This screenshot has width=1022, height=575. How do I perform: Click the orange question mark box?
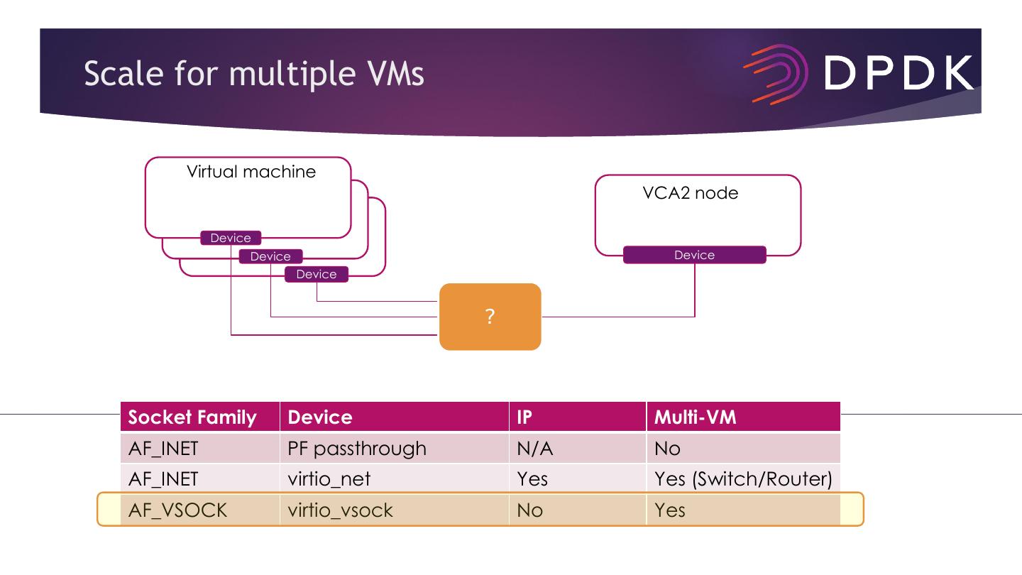tap(490, 317)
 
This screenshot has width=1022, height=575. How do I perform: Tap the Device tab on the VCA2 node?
tap(694, 255)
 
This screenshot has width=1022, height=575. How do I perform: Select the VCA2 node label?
tap(690, 193)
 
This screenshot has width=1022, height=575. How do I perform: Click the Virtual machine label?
tap(251, 172)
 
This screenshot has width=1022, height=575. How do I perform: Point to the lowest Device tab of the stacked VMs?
tap(317, 274)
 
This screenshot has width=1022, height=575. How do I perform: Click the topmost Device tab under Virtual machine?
tap(231, 238)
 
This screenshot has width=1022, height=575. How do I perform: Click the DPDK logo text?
tap(899, 72)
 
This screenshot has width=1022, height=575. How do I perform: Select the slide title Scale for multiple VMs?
tap(253, 73)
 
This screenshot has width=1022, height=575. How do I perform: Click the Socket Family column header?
tap(192, 417)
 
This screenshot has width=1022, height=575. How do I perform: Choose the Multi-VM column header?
tap(696, 417)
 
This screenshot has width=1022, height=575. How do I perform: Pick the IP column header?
tap(524, 417)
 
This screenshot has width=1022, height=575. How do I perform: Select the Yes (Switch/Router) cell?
tap(742, 479)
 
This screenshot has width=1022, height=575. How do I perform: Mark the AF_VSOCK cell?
tap(177, 510)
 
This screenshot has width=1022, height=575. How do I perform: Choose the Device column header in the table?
tap(320, 417)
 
